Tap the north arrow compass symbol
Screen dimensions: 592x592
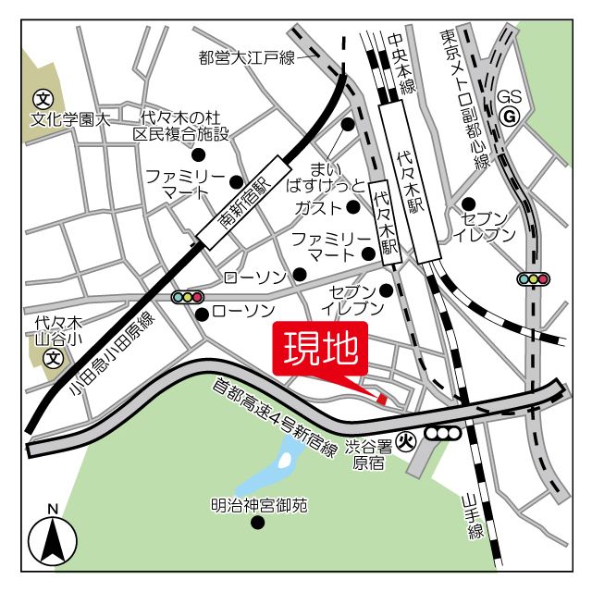(53, 538)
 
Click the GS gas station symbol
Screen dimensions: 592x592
(508, 116)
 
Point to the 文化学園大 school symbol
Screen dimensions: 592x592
(42, 98)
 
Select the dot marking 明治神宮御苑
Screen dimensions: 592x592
(258, 523)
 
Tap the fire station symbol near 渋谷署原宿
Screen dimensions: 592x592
(404, 441)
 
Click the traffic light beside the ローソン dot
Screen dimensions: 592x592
(187, 297)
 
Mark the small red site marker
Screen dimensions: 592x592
(381, 398)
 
